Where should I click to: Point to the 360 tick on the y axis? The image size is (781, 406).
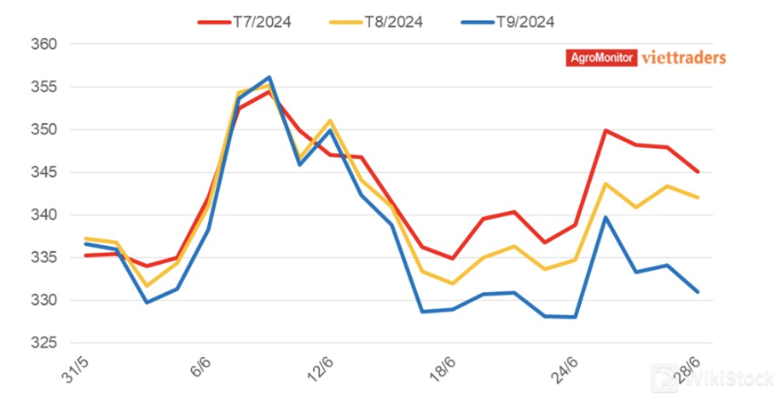coord(47,44)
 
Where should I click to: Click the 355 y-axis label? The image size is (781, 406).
coord(47,87)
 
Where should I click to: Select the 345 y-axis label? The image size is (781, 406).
coord(47,172)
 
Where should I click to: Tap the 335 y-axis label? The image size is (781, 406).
coord(47,258)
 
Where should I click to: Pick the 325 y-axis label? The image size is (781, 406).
coord(47,343)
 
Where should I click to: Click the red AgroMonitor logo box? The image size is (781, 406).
coord(602,58)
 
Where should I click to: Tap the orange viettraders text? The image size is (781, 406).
coord(684,58)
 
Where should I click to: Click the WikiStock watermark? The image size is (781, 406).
coord(711,379)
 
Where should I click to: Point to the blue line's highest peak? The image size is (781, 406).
coord(270,77)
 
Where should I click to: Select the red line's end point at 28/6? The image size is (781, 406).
coord(698,171)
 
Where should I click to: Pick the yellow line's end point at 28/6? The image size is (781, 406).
coord(698,197)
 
